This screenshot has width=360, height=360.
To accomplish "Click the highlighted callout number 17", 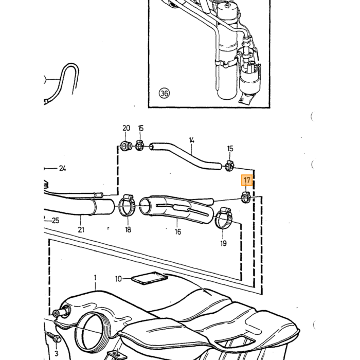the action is click(247, 180).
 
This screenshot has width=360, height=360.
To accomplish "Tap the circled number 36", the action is click(164, 94).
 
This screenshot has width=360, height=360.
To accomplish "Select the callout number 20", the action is click(127, 128).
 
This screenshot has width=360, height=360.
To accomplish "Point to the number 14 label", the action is click(192, 140).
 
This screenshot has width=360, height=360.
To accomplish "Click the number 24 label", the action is click(62, 169).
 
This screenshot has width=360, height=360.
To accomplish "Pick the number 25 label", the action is click(56, 221).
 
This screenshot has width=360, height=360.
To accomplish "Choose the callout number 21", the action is click(81, 229).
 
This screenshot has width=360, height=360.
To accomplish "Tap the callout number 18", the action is click(128, 229).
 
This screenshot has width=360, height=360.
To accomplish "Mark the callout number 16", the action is click(178, 232).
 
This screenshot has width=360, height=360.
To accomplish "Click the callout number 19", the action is click(223, 243).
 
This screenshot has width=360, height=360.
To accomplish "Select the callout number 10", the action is click(118, 279).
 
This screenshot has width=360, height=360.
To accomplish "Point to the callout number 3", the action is click(56, 354).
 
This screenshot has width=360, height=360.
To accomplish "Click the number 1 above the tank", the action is click(95, 278).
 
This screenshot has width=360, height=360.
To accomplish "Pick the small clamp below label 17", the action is click(246, 197).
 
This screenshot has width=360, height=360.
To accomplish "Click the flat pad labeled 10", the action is click(150, 278).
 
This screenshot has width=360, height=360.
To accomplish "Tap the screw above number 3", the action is click(54, 337).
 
